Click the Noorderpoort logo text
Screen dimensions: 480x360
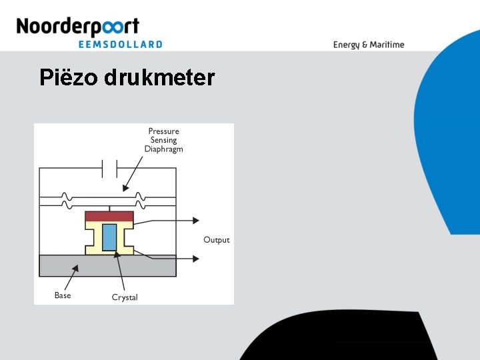(77, 27)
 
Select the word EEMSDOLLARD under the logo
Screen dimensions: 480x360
(120, 44)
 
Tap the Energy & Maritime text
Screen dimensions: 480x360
(369, 45)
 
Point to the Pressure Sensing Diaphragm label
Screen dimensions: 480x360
(163, 140)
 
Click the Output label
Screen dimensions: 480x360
(216, 240)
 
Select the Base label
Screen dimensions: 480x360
(63, 295)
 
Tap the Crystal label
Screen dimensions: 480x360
(125, 297)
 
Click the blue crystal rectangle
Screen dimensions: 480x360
(109, 237)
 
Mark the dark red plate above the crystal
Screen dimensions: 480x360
(109, 217)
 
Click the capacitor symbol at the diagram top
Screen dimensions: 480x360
(109, 169)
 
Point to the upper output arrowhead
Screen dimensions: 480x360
(196, 221)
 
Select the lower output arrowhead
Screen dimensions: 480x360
(196, 257)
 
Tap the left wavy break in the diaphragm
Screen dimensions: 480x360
(66, 198)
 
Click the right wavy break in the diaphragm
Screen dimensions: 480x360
(139, 198)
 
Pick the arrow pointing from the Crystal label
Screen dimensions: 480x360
(119, 269)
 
